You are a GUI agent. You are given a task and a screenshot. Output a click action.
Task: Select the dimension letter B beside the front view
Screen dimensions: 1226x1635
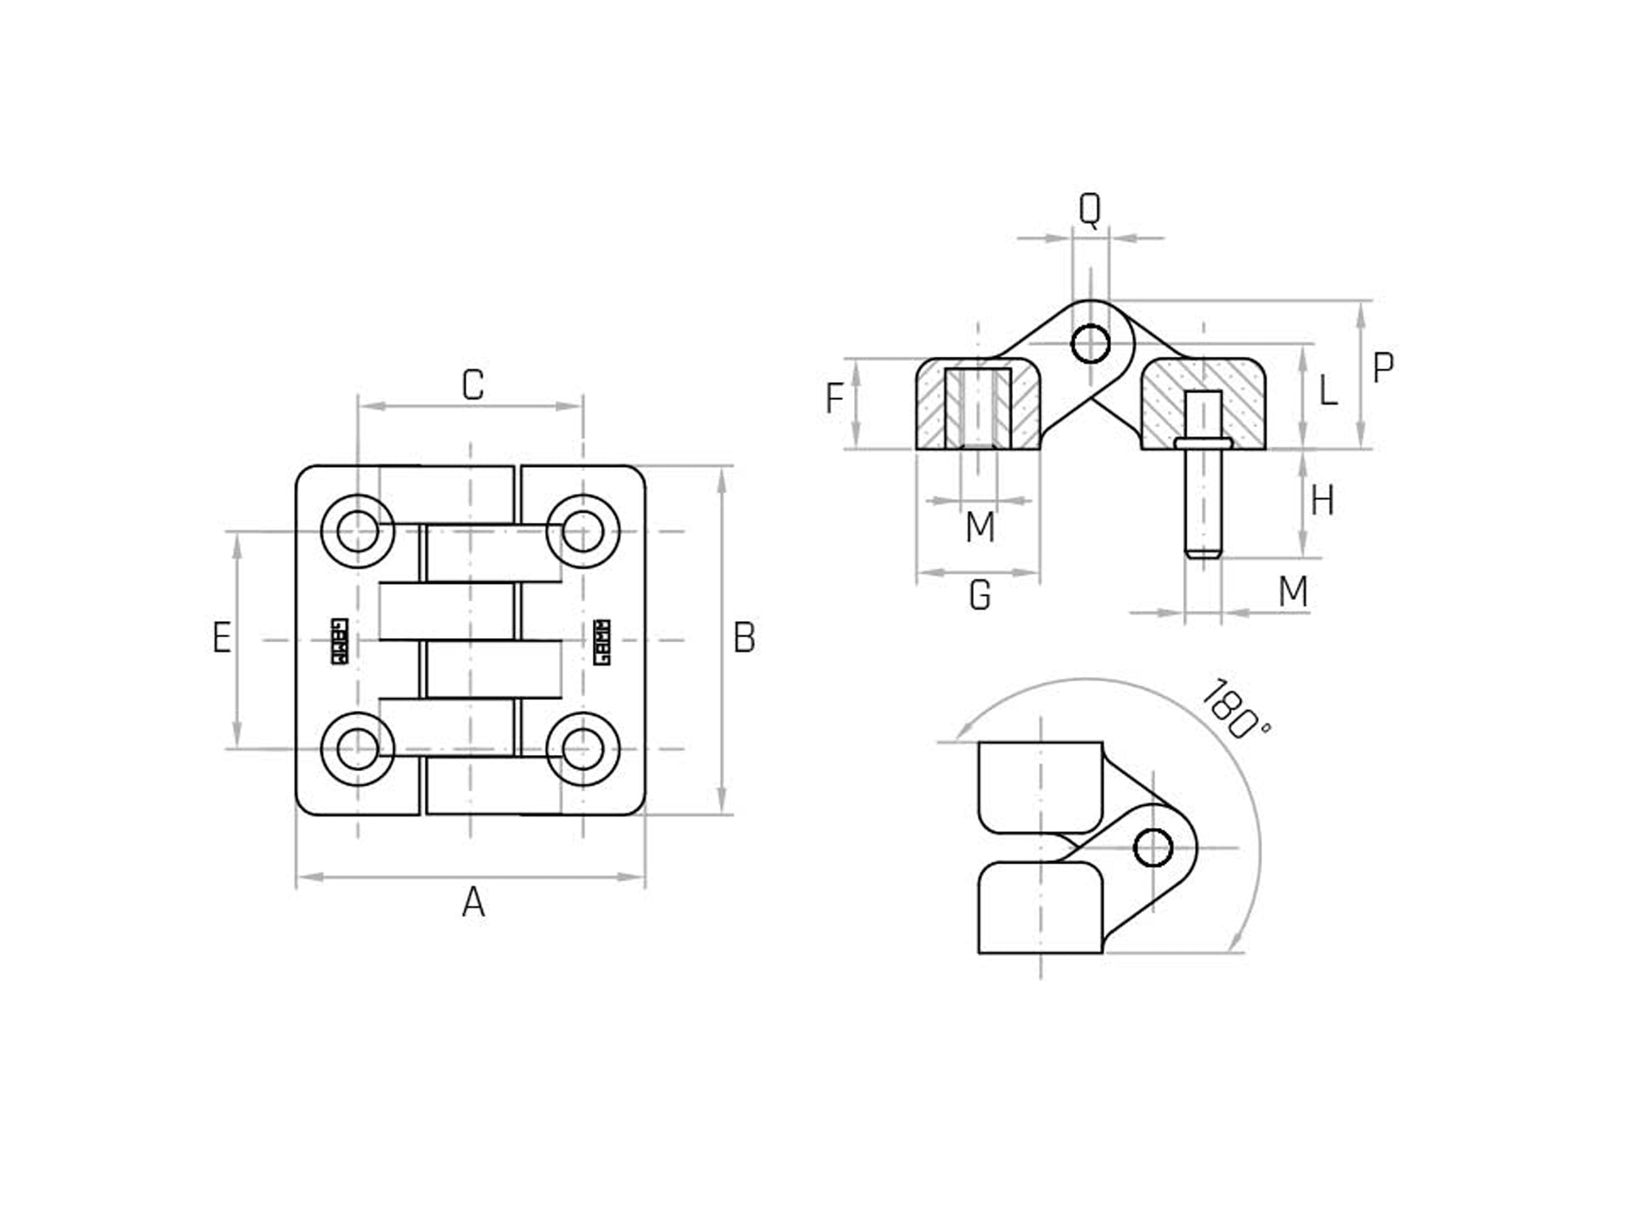pyautogui.click(x=744, y=638)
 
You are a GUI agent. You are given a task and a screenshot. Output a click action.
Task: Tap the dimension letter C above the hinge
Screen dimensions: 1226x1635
pyautogui.click(x=473, y=385)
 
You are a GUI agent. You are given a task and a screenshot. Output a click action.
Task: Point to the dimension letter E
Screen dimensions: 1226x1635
pyautogui.click(x=221, y=638)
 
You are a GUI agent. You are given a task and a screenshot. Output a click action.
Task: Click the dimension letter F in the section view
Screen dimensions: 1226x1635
pyautogui.click(x=835, y=399)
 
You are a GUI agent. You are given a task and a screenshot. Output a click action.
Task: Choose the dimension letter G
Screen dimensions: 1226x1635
pyautogui.click(x=980, y=596)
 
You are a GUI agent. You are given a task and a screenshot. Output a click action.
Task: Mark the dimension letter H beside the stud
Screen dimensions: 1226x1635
pyautogui.click(x=1322, y=501)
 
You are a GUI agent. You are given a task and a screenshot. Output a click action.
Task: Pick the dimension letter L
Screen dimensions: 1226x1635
pyautogui.click(x=1327, y=392)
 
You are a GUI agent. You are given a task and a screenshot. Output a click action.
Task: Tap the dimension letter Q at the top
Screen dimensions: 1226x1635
pyautogui.click(x=1089, y=210)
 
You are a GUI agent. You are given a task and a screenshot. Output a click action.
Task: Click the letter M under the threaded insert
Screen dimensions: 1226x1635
pyautogui.click(x=980, y=528)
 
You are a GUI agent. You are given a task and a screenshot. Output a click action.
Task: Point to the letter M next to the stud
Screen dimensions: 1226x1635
pyautogui.click(x=1293, y=592)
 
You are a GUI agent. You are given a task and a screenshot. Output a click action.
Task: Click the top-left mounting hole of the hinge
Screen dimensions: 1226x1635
pyautogui.click(x=358, y=532)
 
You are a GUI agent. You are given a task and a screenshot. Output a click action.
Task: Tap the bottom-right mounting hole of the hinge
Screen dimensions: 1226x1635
pyautogui.click(x=583, y=749)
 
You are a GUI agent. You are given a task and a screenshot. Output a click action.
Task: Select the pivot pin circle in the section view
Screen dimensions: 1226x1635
pyautogui.click(x=1090, y=344)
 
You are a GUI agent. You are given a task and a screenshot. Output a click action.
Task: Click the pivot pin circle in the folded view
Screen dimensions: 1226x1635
pyautogui.click(x=1152, y=848)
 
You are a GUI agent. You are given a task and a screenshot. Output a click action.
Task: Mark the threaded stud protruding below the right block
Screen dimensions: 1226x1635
pyautogui.click(x=1203, y=503)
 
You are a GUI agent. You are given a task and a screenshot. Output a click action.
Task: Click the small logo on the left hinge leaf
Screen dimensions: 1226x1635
pyautogui.click(x=340, y=641)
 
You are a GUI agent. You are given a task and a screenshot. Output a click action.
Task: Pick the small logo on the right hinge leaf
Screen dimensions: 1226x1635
pyautogui.click(x=602, y=641)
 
